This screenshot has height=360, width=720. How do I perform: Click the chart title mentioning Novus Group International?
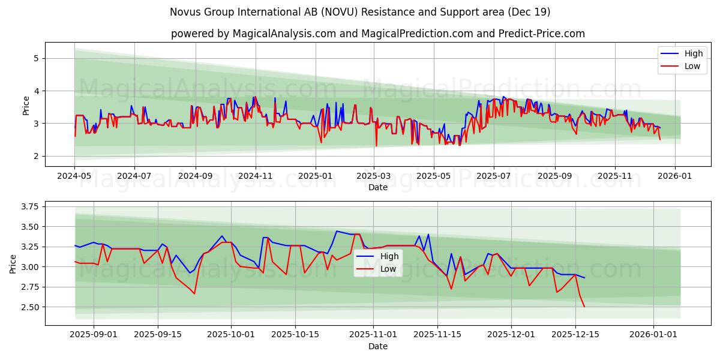tap(360, 12)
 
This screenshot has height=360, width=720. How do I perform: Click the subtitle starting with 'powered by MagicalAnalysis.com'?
tap(378, 34)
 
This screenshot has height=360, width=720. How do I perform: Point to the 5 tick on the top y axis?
tap(36, 58)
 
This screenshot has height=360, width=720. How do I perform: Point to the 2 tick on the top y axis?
tap(36, 156)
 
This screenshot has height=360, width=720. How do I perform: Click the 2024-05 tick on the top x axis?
tap(74, 176)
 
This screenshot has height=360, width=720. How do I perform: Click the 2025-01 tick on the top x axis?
tap(315, 176)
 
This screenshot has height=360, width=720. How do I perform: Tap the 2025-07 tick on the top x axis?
tap(493, 176)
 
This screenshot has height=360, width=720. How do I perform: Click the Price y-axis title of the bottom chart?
tap(13, 263)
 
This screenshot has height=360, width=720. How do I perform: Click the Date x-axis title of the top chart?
tap(378, 187)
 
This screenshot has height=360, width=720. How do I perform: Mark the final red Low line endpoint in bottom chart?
tap(584, 307)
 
